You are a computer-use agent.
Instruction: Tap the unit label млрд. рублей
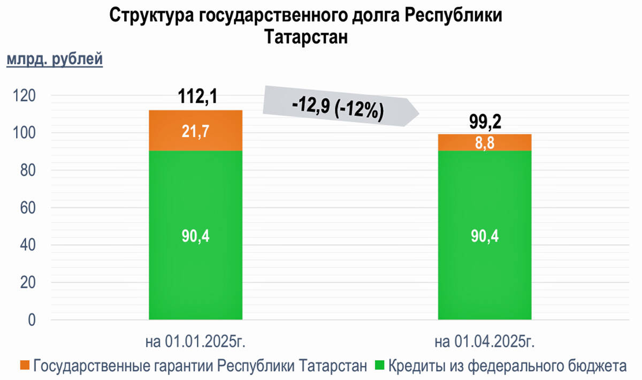pos(54,59)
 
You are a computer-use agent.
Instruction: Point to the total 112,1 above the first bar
pos(196,97)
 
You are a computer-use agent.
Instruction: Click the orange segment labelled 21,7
pos(196,131)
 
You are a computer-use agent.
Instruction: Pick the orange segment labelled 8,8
pos(484,142)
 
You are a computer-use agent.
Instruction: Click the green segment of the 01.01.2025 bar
pos(196,235)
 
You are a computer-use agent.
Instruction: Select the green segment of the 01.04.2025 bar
pos(484,235)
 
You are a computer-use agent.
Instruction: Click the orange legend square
pos(25,366)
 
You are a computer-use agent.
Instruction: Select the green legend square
pos(379,366)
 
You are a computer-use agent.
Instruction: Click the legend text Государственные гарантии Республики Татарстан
pos(201,367)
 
